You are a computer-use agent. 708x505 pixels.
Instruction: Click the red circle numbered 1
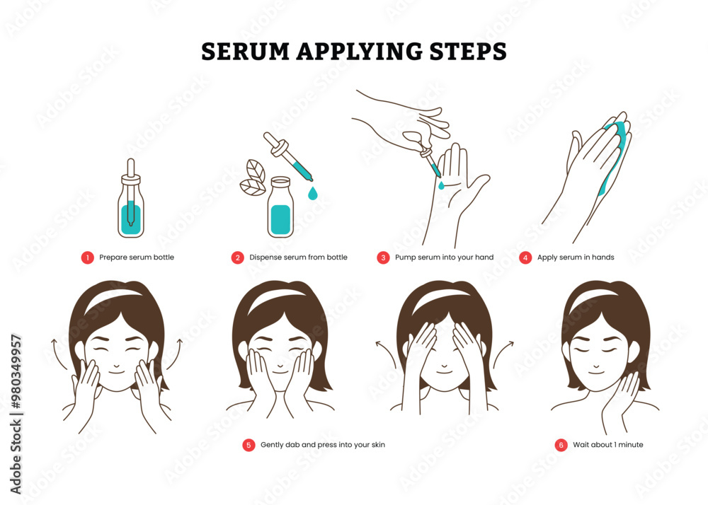click(x=87, y=257)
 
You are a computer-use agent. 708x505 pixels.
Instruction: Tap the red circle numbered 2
click(x=238, y=257)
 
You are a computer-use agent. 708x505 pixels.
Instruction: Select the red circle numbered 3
click(x=383, y=257)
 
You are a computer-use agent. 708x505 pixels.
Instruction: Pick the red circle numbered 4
click(x=525, y=257)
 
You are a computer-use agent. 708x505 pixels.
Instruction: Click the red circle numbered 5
click(x=249, y=445)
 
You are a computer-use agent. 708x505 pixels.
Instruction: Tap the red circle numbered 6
click(x=561, y=445)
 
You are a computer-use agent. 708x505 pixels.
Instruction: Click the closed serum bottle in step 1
click(x=130, y=205)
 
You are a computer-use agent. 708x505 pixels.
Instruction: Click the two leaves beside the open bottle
click(x=253, y=178)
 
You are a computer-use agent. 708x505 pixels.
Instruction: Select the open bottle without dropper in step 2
click(x=280, y=209)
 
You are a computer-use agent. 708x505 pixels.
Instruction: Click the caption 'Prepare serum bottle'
click(x=137, y=257)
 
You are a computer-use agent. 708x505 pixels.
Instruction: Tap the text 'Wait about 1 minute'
click(x=608, y=445)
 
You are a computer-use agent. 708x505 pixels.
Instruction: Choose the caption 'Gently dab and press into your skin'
click(x=323, y=445)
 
